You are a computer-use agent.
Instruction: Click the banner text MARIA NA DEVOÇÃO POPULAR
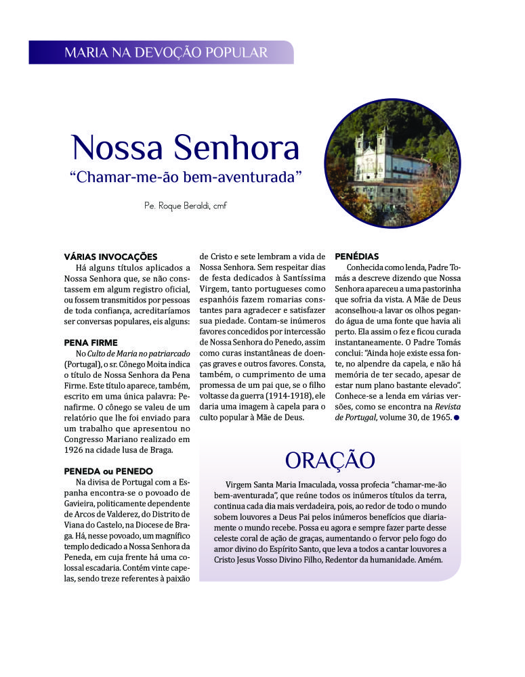pyautogui.click(x=166, y=52)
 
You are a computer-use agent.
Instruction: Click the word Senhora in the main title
pyautogui.click(x=236, y=148)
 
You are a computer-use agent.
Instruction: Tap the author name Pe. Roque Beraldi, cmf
pyautogui.click(x=185, y=205)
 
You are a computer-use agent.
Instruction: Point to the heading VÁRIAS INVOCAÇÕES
pyautogui.click(x=110, y=257)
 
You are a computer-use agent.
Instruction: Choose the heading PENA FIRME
pyautogui.click(x=91, y=343)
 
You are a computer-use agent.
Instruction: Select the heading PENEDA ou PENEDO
pyautogui.click(x=108, y=471)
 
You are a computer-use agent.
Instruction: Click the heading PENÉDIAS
pyautogui.click(x=357, y=257)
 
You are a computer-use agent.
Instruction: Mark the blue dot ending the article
pyautogui.click(x=457, y=418)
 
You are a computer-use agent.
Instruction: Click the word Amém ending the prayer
pyautogui.click(x=430, y=560)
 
